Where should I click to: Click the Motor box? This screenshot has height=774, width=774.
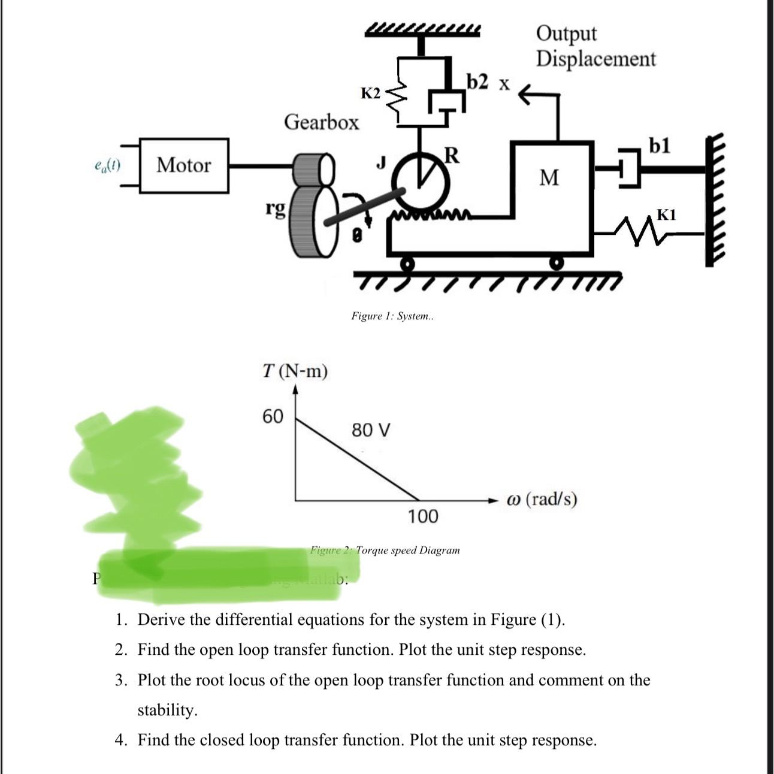point(184,165)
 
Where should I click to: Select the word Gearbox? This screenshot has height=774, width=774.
point(322,122)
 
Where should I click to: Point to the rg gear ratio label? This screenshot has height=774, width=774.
point(276,209)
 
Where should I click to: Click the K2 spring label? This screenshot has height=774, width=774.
point(370,93)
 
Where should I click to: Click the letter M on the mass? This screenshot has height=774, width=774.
point(549,178)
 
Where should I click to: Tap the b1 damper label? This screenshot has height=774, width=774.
point(660,146)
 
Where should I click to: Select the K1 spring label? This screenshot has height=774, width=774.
point(666,214)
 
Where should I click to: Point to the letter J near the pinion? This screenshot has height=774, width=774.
point(380,162)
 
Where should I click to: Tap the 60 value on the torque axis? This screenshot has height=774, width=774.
point(273,416)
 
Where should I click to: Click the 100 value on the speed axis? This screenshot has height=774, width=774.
point(423,516)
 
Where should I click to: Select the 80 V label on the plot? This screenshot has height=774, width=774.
point(371,430)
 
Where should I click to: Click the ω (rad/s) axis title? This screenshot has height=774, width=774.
point(542,499)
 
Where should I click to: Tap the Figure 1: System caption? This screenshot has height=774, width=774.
point(392,316)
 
